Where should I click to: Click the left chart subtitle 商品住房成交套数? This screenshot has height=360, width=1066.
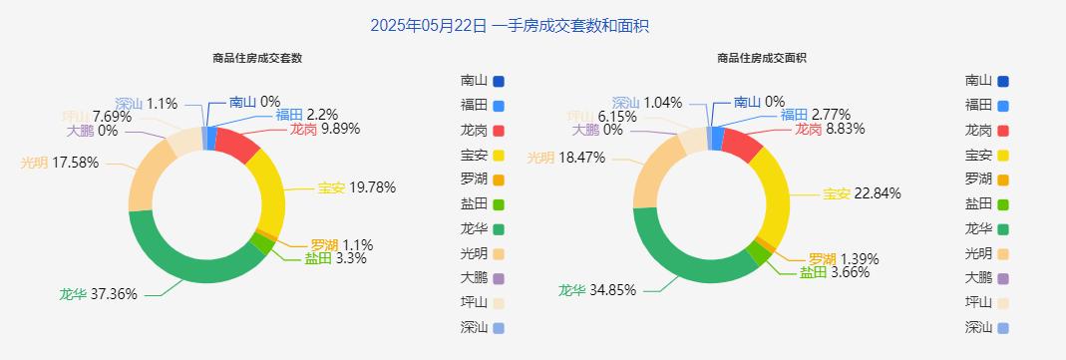(257, 58)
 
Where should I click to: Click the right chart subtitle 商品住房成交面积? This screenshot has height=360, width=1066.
(762, 58)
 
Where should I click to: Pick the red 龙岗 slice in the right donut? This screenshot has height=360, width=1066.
(742, 146)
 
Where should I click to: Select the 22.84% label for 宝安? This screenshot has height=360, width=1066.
(862, 193)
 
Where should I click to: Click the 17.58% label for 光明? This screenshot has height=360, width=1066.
(60, 163)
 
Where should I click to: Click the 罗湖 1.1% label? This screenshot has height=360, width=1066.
(341, 245)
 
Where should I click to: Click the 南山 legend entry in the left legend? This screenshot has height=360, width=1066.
(483, 81)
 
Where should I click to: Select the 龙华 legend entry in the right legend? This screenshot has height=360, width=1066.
(987, 228)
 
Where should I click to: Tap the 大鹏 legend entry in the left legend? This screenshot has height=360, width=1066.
(483, 277)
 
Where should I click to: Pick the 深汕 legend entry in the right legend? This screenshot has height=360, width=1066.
(987, 327)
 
